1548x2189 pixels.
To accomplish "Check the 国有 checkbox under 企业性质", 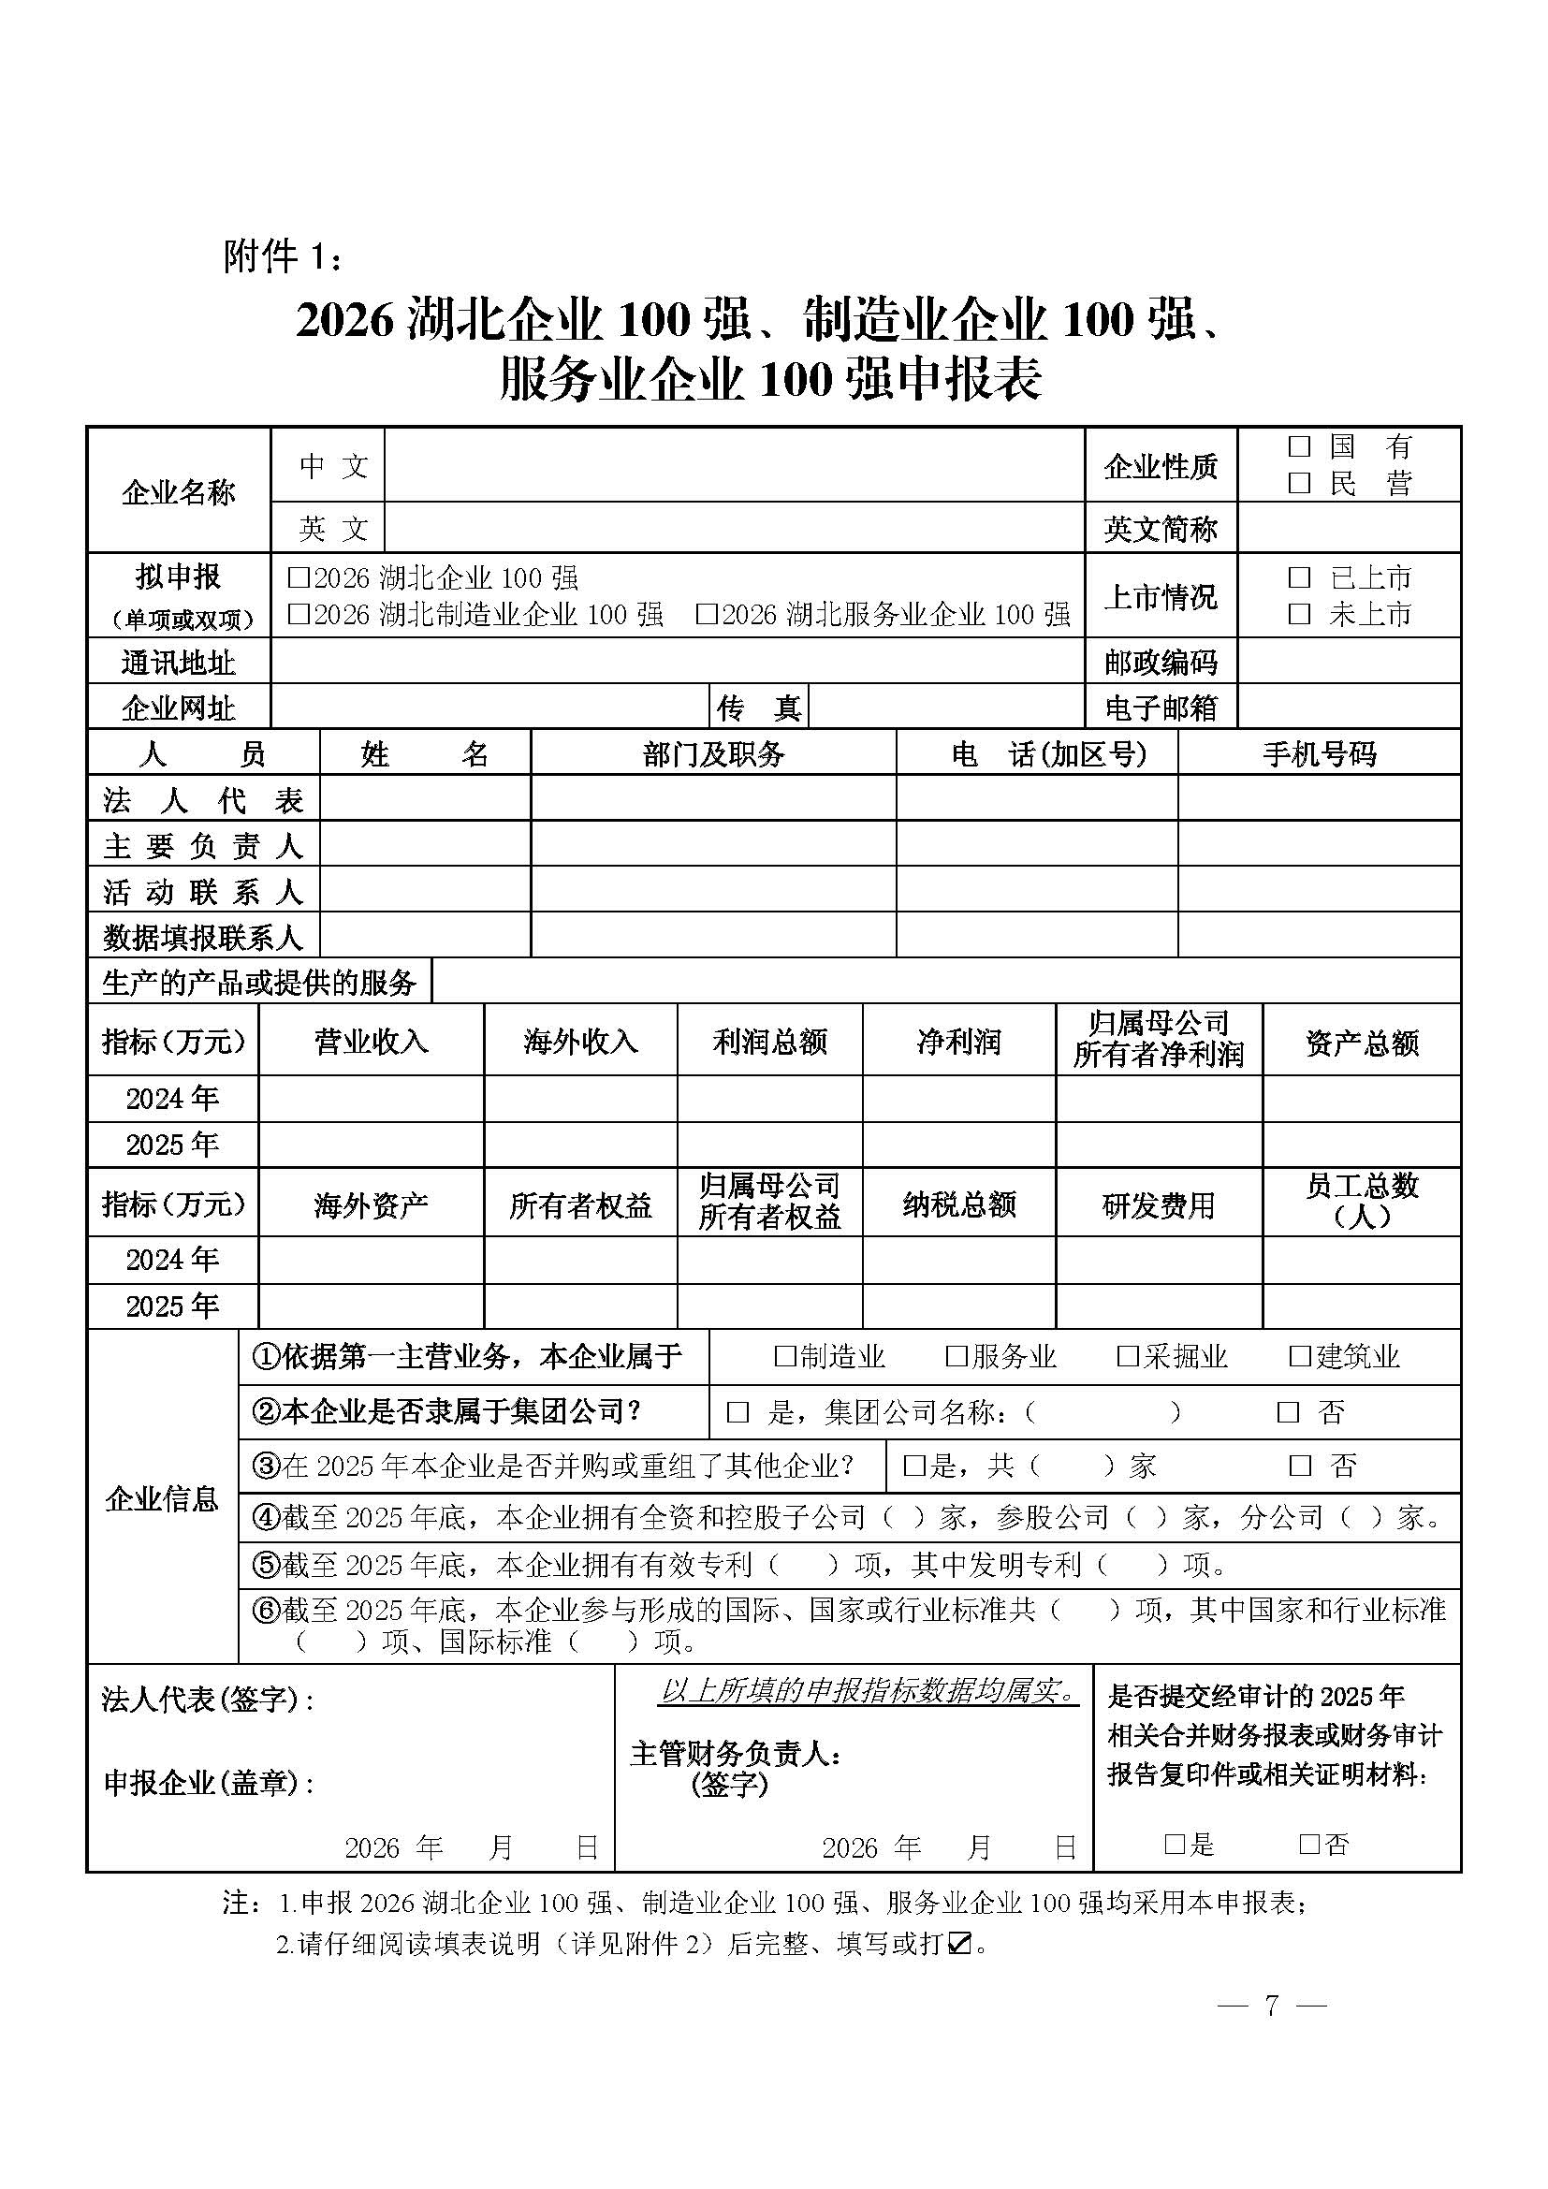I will coord(1298,446).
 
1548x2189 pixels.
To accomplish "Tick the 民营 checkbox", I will coord(1298,483).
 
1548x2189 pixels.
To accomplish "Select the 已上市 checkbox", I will coord(1298,576).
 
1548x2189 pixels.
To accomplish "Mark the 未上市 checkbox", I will coord(1298,614).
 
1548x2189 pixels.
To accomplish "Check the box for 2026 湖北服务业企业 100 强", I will coord(707,614).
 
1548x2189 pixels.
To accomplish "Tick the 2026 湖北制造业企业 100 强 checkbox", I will coord(299,614).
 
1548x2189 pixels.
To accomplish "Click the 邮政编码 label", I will coord(1160,662).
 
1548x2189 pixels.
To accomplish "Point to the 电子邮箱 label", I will coord(1160,708).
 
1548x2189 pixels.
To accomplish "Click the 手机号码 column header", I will coord(1320,754).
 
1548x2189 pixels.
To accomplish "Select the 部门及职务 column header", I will coord(713,754).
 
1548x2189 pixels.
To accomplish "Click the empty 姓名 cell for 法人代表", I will coord(424,798).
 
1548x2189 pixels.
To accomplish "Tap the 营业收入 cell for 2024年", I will coord(371,1099).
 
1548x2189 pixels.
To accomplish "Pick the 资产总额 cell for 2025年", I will coord(1361,1144).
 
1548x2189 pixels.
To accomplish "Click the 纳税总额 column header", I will coord(959,1204).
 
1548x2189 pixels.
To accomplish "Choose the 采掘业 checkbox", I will coord(1128,1357).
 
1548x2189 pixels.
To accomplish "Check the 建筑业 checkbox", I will coord(1299,1357).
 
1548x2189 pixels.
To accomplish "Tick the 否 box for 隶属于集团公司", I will coord(1288,1412).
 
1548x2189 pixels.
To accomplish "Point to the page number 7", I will coord(1272,2004).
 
